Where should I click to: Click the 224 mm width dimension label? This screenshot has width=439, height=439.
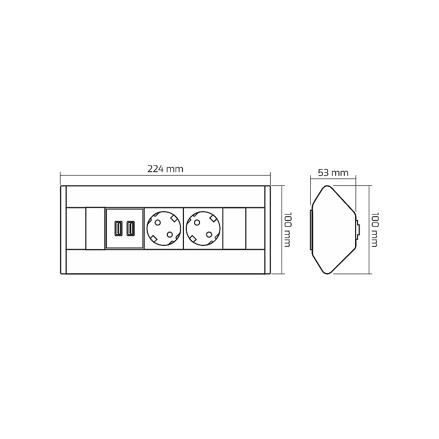tap(165, 169)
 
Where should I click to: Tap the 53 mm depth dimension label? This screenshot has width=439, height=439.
tap(333, 173)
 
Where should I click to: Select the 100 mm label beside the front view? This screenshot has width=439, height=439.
tap(287, 230)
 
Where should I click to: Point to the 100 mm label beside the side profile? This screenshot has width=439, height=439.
tap(374, 230)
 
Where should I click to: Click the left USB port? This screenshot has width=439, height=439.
tap(119, 228)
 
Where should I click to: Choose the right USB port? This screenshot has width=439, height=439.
tap(131, 228)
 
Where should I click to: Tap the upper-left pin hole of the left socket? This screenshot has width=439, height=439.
tap(158, 223)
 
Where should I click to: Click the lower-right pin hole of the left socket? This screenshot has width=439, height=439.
tap(170, 234)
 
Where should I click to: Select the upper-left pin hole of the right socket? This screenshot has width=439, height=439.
tap(197, 223)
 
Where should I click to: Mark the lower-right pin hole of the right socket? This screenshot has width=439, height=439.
tap(209, 234)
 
